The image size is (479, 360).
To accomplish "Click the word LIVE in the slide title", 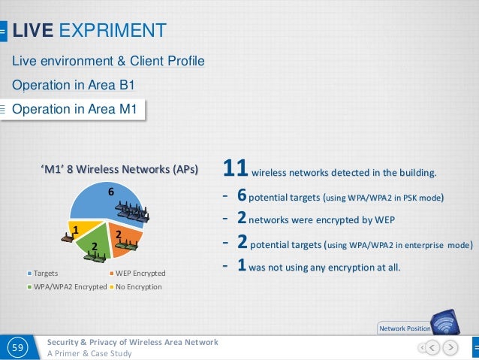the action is pos(32,31).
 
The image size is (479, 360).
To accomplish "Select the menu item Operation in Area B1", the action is pos(73,85).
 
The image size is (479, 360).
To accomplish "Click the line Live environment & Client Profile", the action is pos(108,60).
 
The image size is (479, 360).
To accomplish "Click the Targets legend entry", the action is pos(45,273).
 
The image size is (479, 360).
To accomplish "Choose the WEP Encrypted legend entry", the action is pos(137,273).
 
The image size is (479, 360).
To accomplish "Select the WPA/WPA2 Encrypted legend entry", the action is pos(66,286).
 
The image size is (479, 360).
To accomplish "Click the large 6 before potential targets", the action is pos(241,197).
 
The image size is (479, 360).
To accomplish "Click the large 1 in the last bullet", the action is pos(241,267).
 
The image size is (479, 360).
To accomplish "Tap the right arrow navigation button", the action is pos(449,347).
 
